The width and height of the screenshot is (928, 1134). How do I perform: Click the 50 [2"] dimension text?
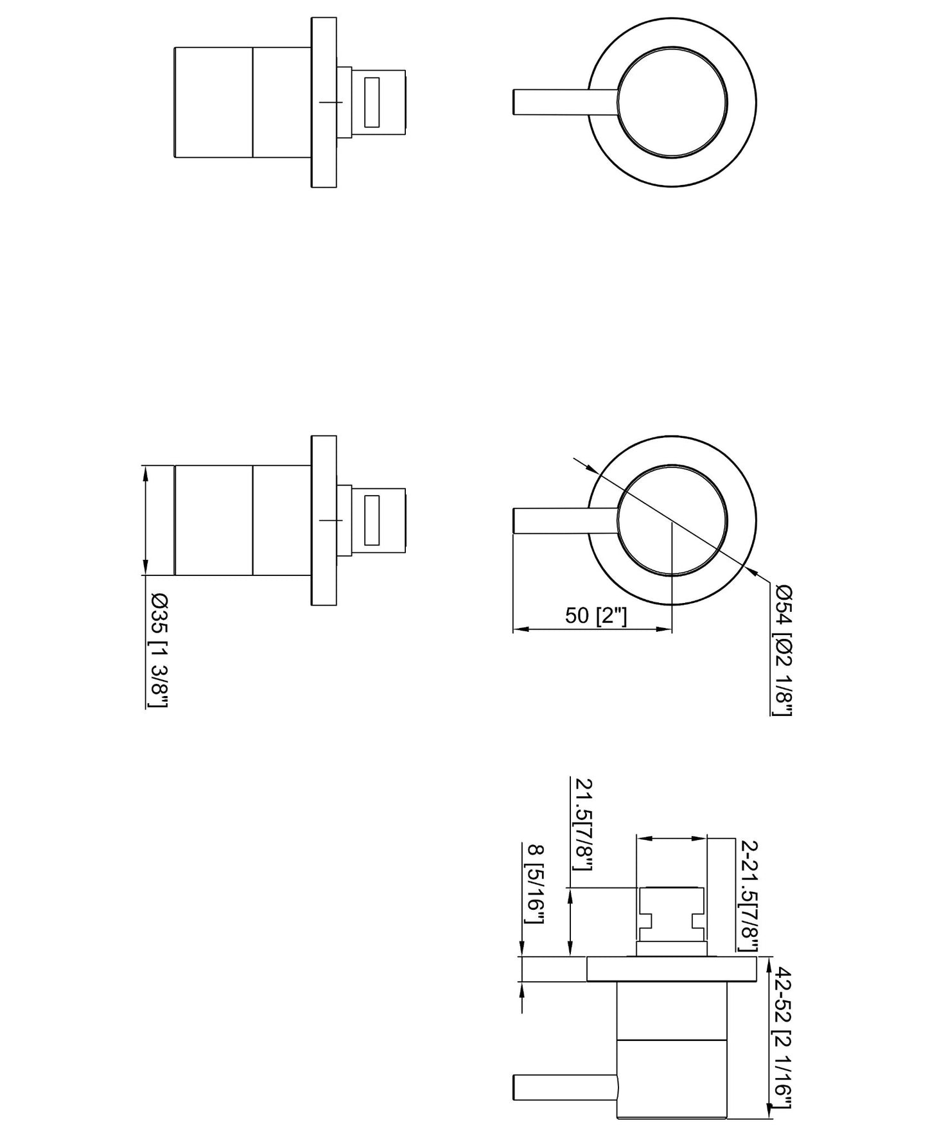(595, 616)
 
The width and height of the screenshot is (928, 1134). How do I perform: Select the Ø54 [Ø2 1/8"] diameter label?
(783, 649)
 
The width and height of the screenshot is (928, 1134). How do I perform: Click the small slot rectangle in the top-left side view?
(372, 102)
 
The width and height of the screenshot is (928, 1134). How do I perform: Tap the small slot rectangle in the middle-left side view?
(372, 520)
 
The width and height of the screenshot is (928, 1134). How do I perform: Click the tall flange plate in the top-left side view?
(324, 103)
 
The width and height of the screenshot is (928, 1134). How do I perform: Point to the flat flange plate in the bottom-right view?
(671, 969)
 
